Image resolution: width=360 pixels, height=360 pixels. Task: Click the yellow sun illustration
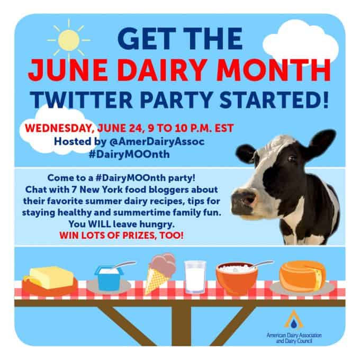[x=69, y=40]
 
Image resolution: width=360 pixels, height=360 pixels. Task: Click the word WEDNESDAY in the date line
[x=59, y=128]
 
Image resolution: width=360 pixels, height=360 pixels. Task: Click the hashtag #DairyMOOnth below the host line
[x=129, y=154]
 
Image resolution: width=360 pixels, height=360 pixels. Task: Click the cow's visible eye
[x=292, y=158]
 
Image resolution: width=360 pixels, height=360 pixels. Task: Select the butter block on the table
[x=51, y=277]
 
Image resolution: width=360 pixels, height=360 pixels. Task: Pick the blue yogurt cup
[x=109, y=278]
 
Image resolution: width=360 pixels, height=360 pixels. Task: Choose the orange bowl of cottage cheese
[x=237, y=278]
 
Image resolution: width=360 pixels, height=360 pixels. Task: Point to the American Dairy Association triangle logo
[x=294, y=320]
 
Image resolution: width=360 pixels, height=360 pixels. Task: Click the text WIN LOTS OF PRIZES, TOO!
[x=121, y=236]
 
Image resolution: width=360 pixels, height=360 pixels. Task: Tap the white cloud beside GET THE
[x=301, y=41]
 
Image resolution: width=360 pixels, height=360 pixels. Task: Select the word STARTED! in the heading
[x=274, y=100]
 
